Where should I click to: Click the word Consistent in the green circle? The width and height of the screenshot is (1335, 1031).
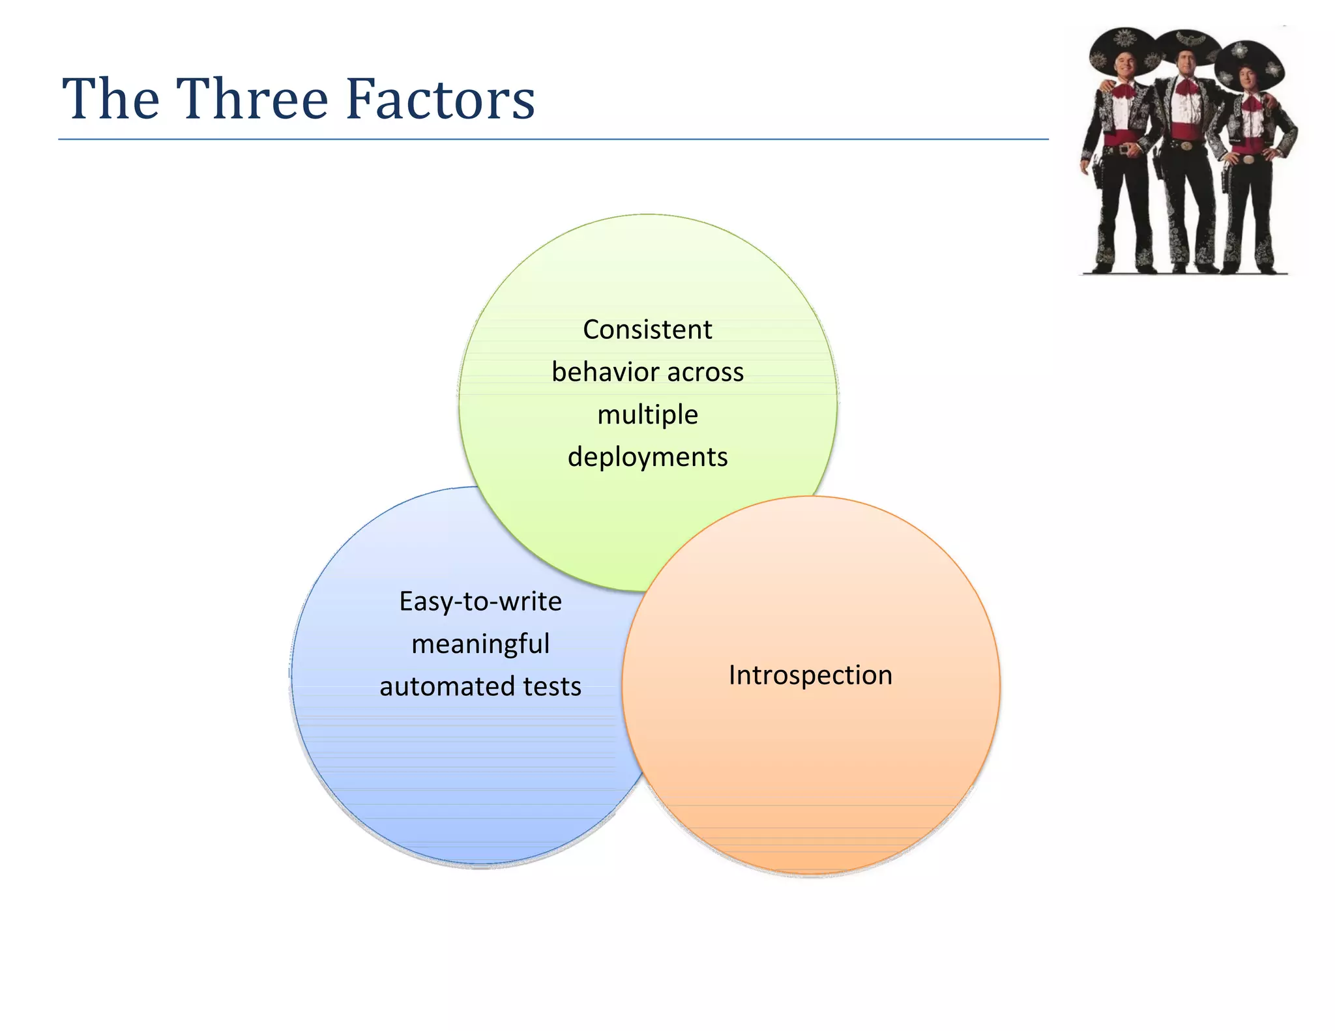[x=647, y=330]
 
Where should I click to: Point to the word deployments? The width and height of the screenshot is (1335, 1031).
[x=647, y=457]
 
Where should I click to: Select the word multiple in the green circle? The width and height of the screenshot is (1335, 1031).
[x=647, y=414]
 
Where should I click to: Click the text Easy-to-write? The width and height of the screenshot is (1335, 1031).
[x=480, y=602]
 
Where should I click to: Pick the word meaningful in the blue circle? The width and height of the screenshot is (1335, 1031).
[x=480, y=644]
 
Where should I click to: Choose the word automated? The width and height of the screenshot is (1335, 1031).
[x=441, y=687]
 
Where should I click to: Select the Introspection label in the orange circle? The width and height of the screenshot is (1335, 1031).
[x=810, y=675]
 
